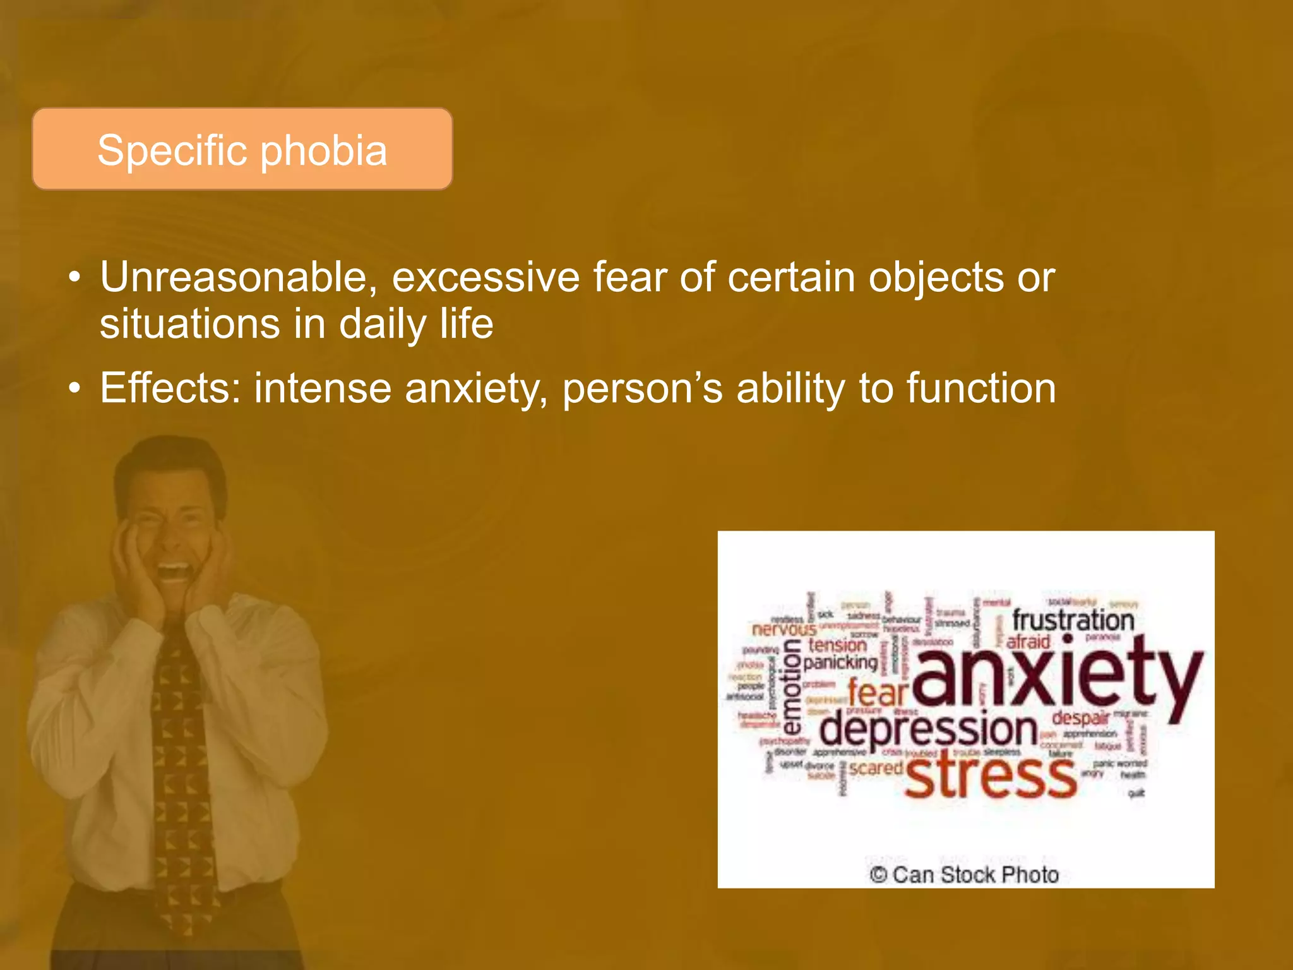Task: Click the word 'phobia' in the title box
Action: [323, 152]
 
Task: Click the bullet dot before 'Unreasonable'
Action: [75, 278]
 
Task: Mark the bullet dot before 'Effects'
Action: [75, 388]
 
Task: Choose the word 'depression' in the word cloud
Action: [928, 729]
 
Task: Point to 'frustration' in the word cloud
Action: [1073, 620]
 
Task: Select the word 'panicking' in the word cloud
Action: [840, 662]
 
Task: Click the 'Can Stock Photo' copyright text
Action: [964, 875]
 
